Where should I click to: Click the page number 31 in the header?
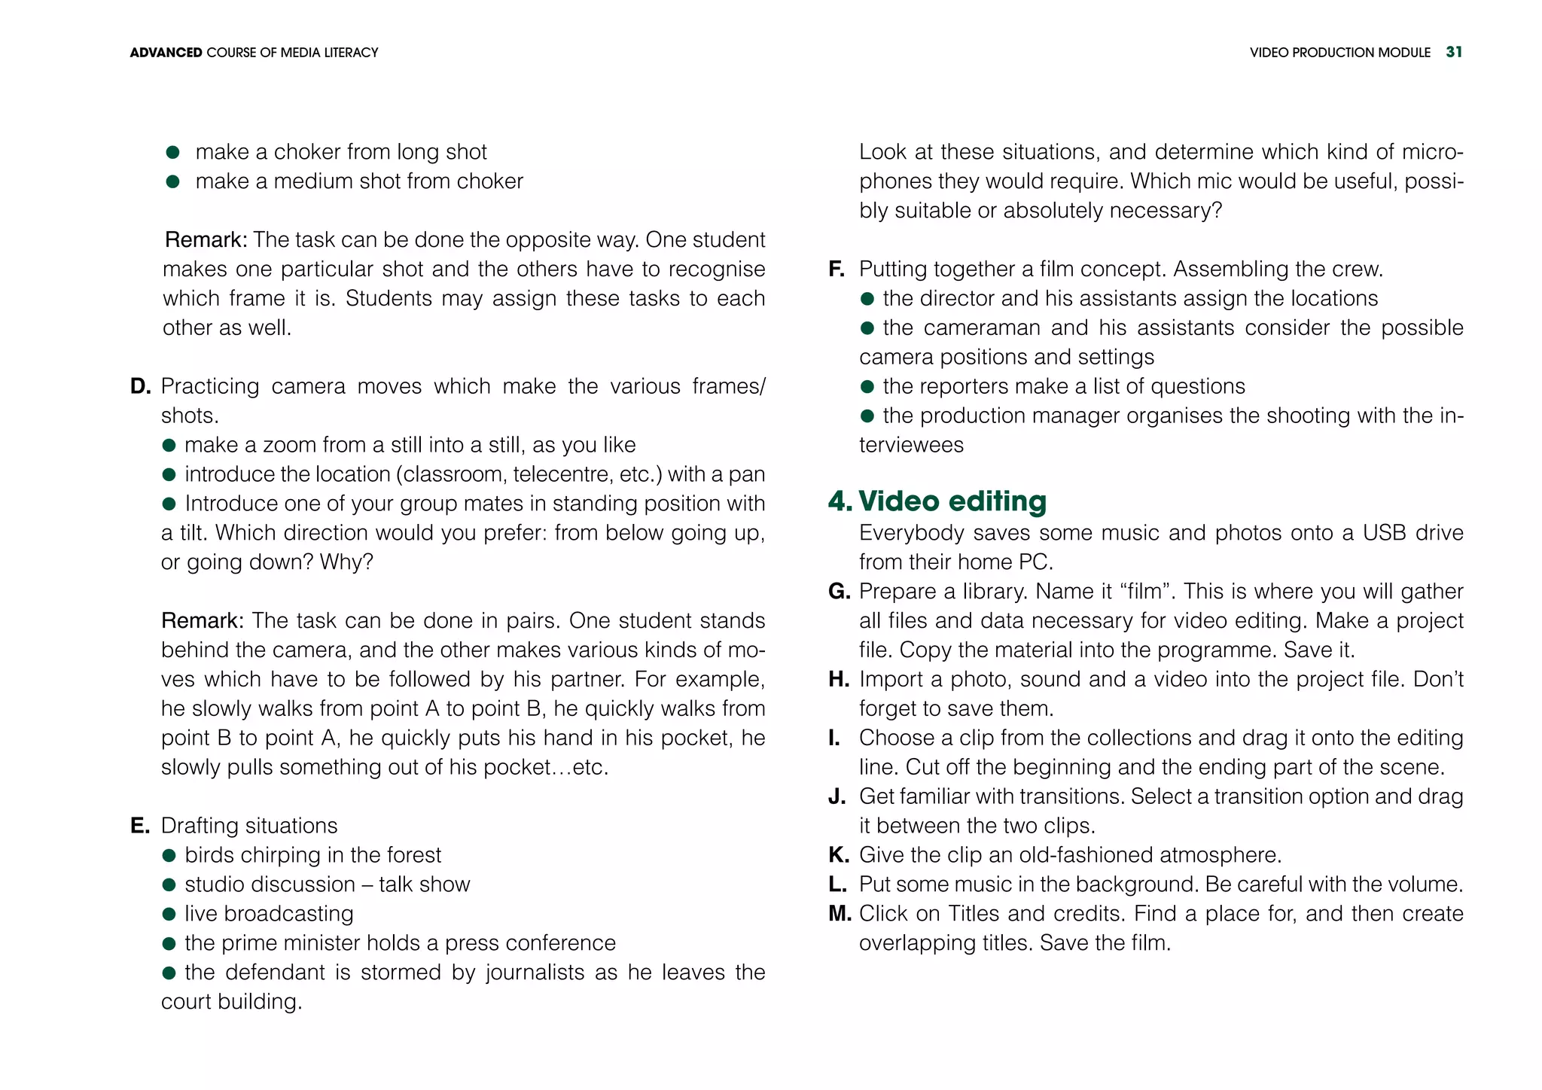pos(1454,52)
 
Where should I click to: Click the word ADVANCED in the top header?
pos(166,53)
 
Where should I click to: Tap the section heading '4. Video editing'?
pos(937,501)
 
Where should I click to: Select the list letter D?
pos(140,387)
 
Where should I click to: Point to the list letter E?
pos(139,826)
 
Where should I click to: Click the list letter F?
pos(836,269)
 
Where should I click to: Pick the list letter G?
pos(839,592)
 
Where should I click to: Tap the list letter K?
pos(839,855)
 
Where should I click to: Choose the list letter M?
pos(840,914)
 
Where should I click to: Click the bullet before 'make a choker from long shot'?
pos(172,153)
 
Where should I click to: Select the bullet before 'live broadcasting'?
pos(169,915)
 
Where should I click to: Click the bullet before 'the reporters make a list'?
pos(867,387)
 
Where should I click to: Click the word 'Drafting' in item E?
pos(197,826)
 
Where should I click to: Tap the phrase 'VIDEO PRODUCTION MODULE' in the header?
pos(1339,53)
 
